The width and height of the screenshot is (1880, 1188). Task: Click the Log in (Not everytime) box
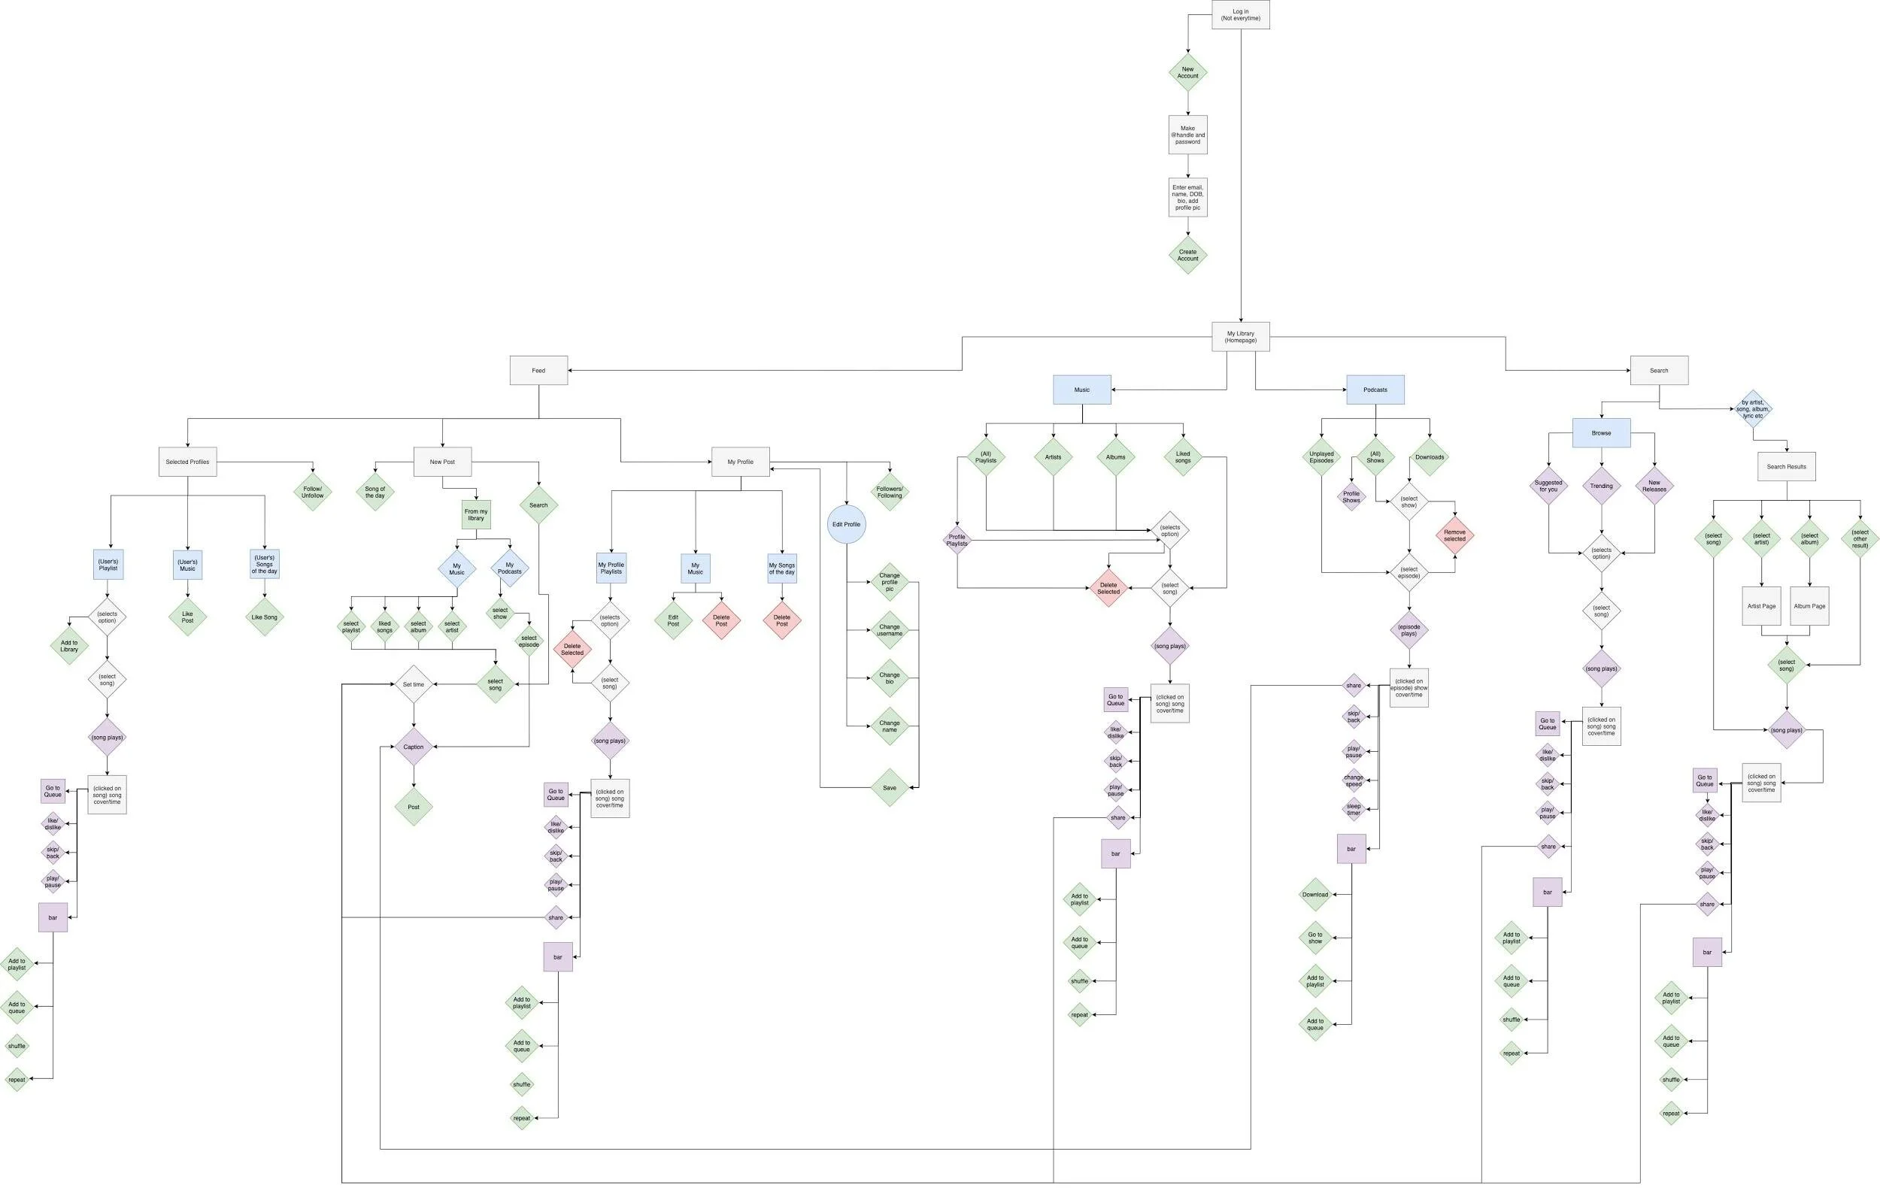pyautogui.click(x=1240, y=15)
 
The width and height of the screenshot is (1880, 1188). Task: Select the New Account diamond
pyautogui.click(x=1187, y=73)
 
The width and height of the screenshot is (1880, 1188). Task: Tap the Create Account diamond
pyautogui.click(x=1187, y=255)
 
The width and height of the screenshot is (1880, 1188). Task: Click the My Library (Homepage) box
pyautogui.click(x=1240, y=336)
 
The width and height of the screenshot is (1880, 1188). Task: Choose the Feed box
pyautogui.click(x=538, y=371)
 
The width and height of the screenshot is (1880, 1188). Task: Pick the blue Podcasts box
pyautogui.click(x=1375, y=389)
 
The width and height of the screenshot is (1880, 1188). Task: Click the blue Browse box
pyautogui.click(x=1601, y=433)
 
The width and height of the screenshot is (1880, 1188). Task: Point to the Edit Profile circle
pyautogui.click(x=846, y=525)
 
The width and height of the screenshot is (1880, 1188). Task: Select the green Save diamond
pyautogui.click(x=890, y=787)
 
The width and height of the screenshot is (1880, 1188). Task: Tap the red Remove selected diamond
pyautogui.click(x=1454, y=535)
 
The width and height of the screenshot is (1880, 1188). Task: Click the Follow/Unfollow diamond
pyautogui.click(x=312, y=492)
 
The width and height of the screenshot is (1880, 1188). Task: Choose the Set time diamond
pyautogui.click(x=413, y=684)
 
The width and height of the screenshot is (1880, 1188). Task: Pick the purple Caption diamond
pyautogui.click(x=413, y=747)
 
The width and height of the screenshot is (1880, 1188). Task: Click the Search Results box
pyautogui.click(x=1786, y=467)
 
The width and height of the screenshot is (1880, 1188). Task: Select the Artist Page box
pyautogui.click(x=1761, y=606)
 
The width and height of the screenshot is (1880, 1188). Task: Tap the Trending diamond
pyautogui.click(x=1601, y=486)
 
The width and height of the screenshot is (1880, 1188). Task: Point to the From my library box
pyautogui.click(x=476, y=515)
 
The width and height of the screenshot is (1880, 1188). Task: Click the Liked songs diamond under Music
pyautogui.click(x=1183, y=457)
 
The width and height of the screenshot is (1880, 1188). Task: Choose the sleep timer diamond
pyautogui.click(x=1353, y=810)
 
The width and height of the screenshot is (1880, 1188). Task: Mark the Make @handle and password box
pyautogui.click(x=1187, y=135)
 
